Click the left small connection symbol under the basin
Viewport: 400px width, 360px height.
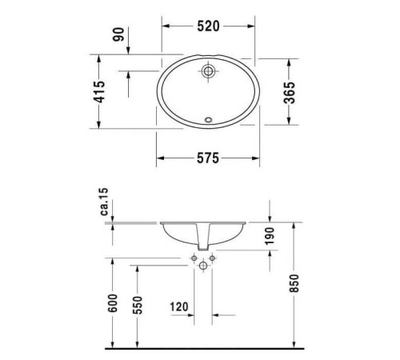(194, 258)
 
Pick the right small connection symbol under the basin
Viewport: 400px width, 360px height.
(214, 258)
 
